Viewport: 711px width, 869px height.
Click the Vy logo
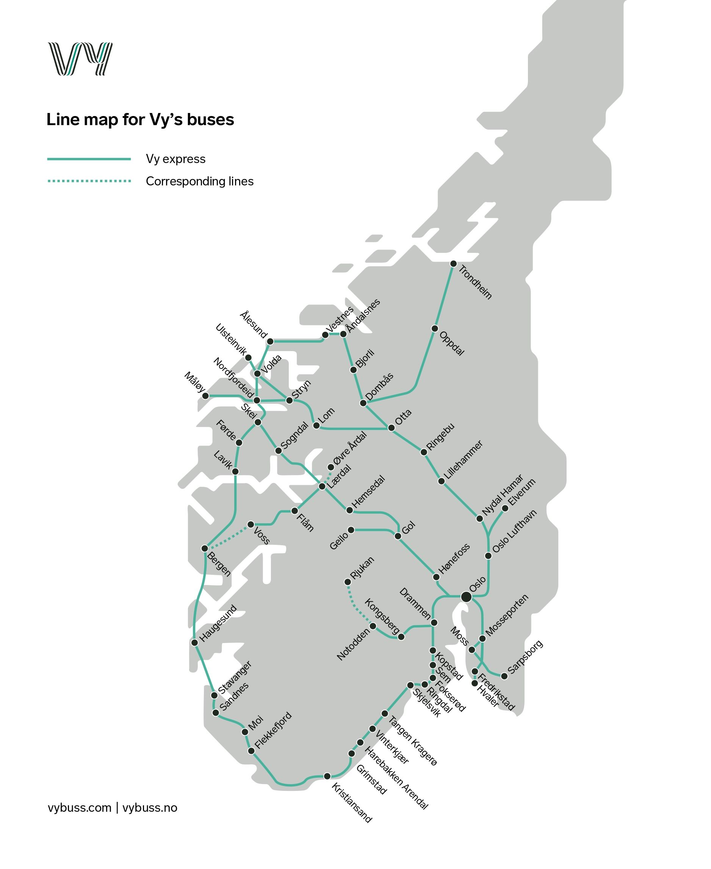(x=80, y=59)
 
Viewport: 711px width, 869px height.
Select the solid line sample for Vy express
(x=89, y=159)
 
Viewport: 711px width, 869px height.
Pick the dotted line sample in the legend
(x=89, y=181)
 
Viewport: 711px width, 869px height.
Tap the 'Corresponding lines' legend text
(x=199, y=181)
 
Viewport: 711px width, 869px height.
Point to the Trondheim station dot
(x=453, y=264)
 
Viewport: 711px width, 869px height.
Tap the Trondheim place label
(x=475, y=282)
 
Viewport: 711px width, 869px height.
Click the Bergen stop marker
(x=205, y=548)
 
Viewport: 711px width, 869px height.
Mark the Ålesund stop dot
(x=270, y=341)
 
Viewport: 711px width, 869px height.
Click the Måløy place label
(x=194, y=382)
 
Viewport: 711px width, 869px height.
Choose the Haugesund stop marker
(x=195, y=642)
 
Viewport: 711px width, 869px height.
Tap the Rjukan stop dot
(x=348, y=582)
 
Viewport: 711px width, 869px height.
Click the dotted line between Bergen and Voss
(x=228, y=536)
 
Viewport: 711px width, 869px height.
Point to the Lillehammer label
(x=464, y=460)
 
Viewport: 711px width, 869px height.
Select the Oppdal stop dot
(x=435, y=329)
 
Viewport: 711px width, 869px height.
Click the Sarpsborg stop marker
(x=504, y=676)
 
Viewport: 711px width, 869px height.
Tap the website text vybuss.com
(x=80, y=807)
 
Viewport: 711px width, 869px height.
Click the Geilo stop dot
(x=351, y=530)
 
